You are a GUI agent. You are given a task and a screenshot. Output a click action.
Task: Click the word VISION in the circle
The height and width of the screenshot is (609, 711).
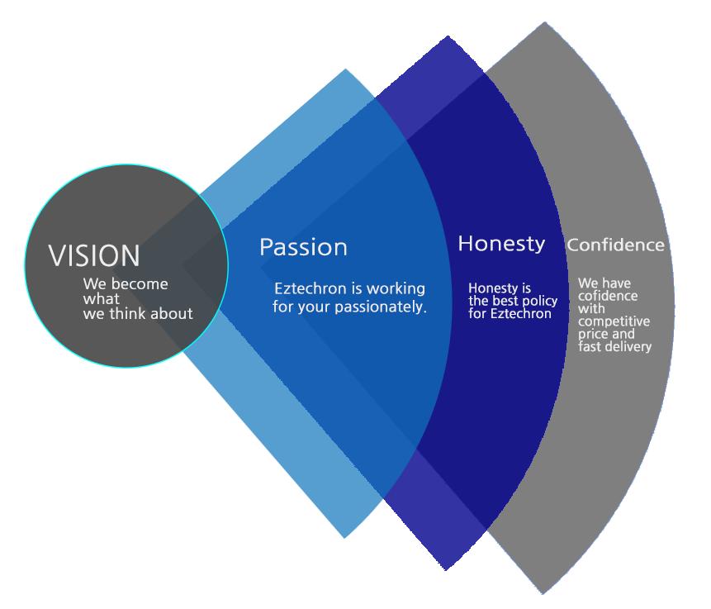click(94, 255)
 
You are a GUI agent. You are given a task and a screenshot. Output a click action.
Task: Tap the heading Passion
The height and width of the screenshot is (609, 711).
click(303, 247)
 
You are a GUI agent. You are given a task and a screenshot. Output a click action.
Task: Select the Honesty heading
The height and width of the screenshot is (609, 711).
click(501, 244)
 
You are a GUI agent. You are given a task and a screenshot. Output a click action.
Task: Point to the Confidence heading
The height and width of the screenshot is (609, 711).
click(615, 245)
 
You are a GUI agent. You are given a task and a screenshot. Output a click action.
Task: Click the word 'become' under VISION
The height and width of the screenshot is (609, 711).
click(140, 283)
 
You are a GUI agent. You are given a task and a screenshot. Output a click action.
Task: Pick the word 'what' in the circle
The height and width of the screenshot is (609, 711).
click(101, 298)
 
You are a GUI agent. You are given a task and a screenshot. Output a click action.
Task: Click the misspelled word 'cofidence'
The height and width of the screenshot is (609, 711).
click(607, 296)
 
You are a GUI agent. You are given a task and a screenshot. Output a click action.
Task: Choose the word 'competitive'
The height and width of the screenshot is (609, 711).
click(614, 321)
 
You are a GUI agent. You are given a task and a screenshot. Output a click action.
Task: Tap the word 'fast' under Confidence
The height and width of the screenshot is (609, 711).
click(590, 346)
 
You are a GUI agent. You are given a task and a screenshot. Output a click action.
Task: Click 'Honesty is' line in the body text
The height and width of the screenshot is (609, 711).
click(499, 288)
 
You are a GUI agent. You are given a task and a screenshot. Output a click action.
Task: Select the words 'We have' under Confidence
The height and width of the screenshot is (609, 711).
click(604, 283)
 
